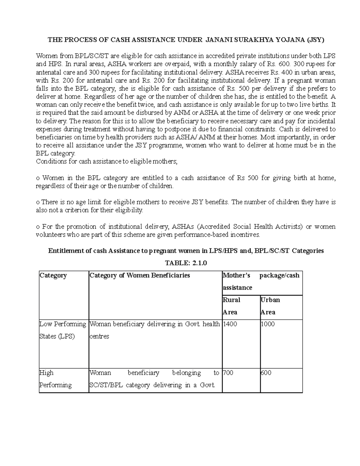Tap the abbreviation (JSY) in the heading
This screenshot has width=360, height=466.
point(314,40)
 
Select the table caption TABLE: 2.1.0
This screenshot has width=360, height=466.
point(186,263)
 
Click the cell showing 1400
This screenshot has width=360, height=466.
point(230,324)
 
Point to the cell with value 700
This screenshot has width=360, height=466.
point(228,373)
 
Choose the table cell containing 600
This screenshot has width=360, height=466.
point(266,373)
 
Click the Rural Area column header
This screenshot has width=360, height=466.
point(231,306)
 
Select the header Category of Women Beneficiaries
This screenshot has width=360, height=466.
point(140,275)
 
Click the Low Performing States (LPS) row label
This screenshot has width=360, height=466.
point(62,330)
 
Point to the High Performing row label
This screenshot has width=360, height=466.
point(55,379)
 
